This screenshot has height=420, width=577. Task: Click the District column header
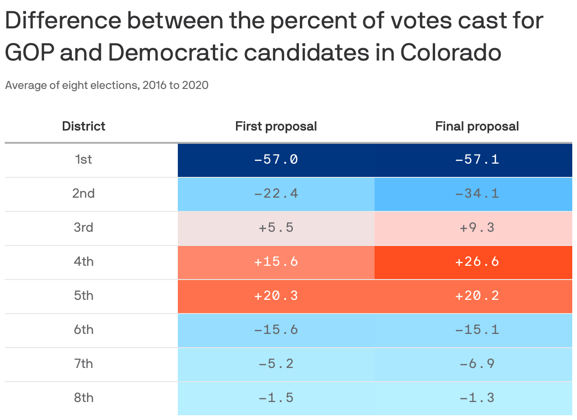84,126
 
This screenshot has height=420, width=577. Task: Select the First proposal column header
276,126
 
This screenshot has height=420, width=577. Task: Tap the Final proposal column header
477,126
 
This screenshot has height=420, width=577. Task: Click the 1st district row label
84,159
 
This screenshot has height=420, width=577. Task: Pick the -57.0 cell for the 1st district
276,159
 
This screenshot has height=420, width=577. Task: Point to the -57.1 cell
477,159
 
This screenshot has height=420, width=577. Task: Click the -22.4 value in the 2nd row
276,193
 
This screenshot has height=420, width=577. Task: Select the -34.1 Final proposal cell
477,193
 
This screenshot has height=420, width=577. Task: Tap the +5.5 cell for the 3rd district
276,227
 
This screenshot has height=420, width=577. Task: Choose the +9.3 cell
477,227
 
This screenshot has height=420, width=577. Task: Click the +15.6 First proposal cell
276,262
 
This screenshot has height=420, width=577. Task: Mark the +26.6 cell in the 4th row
477,262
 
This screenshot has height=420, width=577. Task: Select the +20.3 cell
276,296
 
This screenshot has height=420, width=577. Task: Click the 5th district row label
84,296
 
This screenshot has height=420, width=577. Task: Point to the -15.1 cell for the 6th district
477,330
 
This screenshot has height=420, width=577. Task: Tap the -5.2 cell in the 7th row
276,364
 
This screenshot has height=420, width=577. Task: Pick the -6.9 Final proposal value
477,364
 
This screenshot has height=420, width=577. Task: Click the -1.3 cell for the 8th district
477,398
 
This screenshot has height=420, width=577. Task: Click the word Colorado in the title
451,52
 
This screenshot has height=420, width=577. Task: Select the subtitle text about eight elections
106,86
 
